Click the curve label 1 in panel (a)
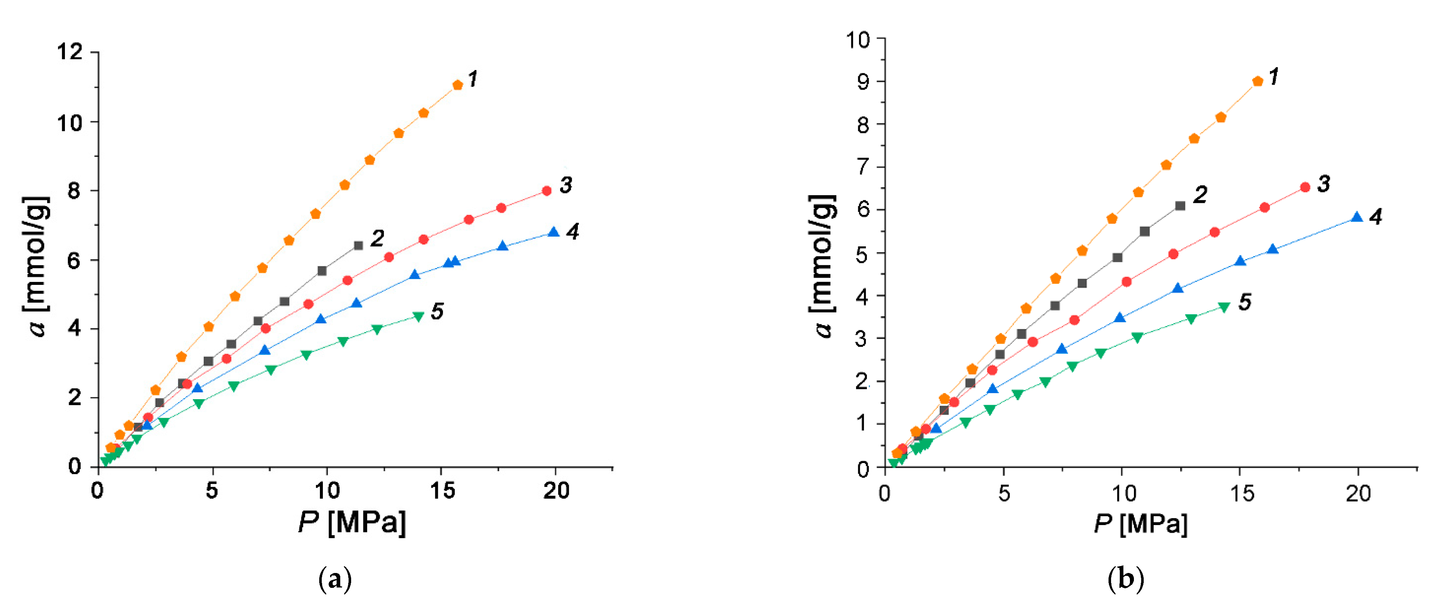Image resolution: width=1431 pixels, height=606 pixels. tap(473, 79)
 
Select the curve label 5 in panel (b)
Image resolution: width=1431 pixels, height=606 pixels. tap(1245, 302)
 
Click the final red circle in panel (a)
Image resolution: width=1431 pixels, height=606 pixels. tap(547, 191)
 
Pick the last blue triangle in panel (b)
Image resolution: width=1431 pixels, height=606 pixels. tap(1357, 217)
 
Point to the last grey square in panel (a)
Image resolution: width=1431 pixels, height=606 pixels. tap(358, 245)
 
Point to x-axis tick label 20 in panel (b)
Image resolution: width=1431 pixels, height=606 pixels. tap(1358, 493)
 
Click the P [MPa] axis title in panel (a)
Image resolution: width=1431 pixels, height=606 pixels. tap(352, 523)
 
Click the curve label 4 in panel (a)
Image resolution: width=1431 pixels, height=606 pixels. tap(573, 231)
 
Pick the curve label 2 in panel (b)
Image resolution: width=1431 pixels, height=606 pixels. tap(1200, 194)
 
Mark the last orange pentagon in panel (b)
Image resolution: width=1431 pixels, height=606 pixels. tap(1258, 81)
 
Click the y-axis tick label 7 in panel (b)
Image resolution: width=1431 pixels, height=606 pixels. tap(863, 167)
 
